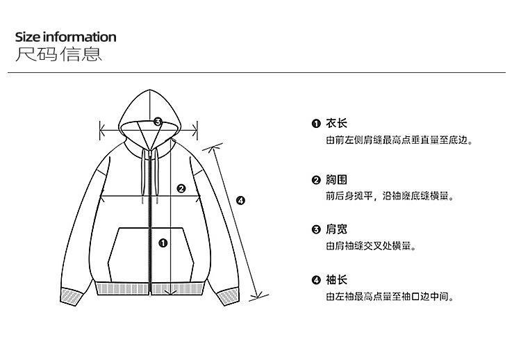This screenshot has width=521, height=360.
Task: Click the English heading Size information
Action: coord(65,37)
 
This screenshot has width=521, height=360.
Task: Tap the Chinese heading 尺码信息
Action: coord(58,54)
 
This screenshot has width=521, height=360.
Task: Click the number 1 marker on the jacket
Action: coord(163,243)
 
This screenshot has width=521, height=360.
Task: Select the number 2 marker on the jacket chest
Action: coord(181,188)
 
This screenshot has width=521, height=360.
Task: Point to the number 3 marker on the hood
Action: coord(158,122)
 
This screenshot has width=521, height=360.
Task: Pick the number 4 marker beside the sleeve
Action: coord(241,200)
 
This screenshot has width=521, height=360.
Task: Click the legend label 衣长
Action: coord(336,124)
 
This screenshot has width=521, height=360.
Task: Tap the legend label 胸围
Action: coord(336,180)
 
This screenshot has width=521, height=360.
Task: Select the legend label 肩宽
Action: coord(336,229)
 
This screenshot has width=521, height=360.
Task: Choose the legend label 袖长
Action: coord(336,280)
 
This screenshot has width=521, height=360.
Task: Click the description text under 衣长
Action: coord(399,140)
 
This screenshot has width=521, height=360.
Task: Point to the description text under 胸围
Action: coord(390,197)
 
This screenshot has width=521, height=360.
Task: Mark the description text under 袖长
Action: coord(390,297)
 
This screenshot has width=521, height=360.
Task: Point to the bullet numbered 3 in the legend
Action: coord(316,229)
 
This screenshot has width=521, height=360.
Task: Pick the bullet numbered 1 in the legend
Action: coord(316,124)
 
